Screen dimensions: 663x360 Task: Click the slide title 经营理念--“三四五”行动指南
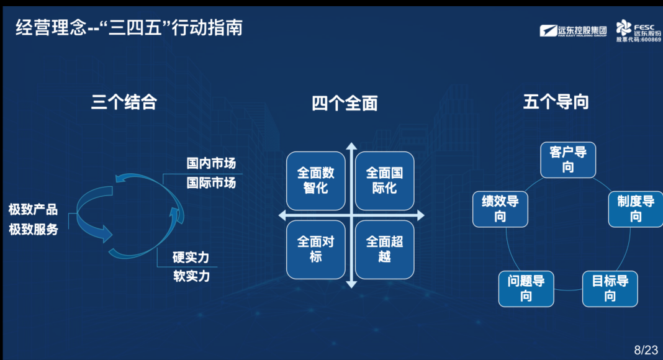click(x=129, y=28)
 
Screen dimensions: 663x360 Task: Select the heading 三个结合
click(x=124, y=102)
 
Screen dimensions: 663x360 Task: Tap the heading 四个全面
click(x=345, y=103)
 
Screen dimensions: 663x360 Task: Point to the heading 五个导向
click(x=556, y=102)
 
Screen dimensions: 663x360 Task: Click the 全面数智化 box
click(x=316, y=181)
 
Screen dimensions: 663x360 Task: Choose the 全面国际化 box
click(x=384, y=181)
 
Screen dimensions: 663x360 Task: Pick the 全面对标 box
click(x=316, y=250)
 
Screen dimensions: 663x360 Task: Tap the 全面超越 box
click(x=384, y=250)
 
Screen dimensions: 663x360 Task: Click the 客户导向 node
click(x=568, y=160)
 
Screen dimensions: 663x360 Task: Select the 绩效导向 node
click(x=500, y=209)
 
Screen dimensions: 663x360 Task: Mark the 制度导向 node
click(x=636, y=209)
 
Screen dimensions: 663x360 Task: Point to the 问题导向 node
click(x=526, y=289)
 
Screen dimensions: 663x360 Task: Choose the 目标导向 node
click(x=610, y=289)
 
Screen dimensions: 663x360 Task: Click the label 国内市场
click(x=211, y=163)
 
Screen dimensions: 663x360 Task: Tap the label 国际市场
click(x=211, y=182)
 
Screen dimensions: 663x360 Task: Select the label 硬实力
click(x=191, y=257)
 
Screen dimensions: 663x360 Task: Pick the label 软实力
click(x=192, y=276)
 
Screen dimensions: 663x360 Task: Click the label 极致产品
click(x=33, y=209)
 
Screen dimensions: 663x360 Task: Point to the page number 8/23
click(x=646, y=350)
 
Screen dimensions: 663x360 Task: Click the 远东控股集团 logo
click(x=573, y=31)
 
